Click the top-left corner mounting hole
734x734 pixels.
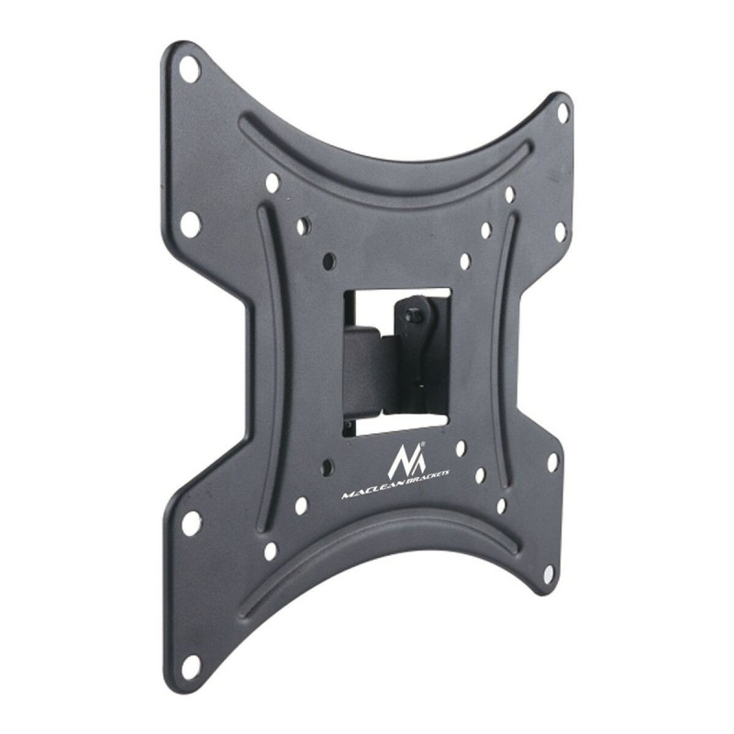pos(189,69)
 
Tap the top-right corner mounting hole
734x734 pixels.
pos(562,112)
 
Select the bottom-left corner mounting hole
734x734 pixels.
pos(191,663)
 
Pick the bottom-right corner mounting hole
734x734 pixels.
pos(549,574)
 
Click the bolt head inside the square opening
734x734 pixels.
pos(414,314)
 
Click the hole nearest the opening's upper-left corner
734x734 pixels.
pos(329,261)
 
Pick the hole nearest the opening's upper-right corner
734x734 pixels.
pos(465,261)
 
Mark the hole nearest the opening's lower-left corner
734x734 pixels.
pos(326,467)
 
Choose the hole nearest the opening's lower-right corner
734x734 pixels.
pos(461,449)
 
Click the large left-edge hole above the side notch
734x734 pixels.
pos(190,223)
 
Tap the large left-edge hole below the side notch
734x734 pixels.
pos(191,523)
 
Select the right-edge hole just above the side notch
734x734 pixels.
pos(560,231)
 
